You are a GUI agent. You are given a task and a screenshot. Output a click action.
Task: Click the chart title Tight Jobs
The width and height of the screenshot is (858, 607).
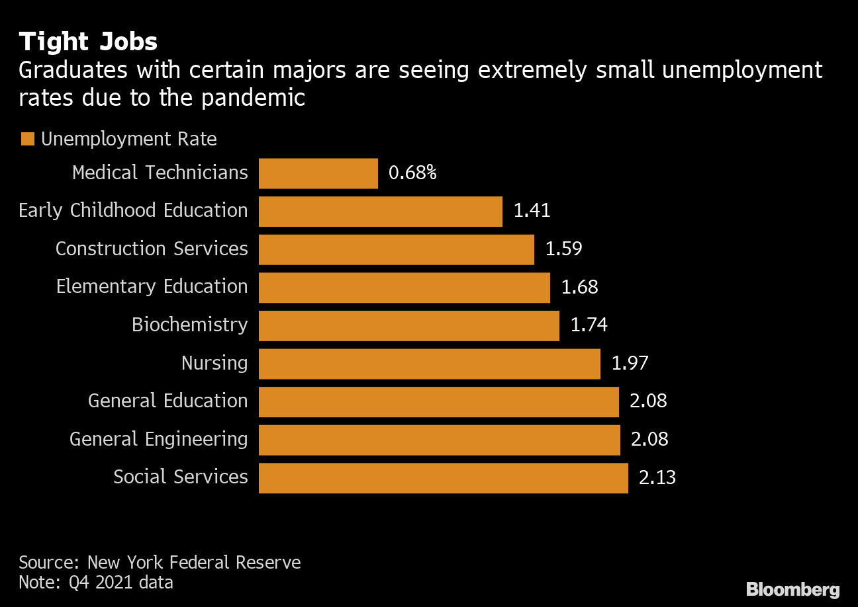pos(88,42)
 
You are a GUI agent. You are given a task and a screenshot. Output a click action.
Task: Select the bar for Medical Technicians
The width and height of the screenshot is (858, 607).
pos(318,173)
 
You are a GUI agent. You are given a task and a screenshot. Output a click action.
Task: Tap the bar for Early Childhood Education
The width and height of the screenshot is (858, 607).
pos(380,212)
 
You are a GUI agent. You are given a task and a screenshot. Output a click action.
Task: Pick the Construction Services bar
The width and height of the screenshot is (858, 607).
pos(396,249)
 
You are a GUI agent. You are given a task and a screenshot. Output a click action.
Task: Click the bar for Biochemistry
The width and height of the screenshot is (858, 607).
pos(408,325)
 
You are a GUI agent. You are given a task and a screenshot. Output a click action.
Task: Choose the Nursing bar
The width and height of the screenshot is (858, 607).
pos(429,364)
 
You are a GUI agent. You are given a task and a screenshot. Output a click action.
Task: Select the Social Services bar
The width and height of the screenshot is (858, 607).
pos(443,477)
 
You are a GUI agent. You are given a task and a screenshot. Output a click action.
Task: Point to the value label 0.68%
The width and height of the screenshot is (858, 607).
pos(412,173)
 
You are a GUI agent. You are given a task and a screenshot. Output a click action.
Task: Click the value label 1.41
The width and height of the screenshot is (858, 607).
pos(532,211)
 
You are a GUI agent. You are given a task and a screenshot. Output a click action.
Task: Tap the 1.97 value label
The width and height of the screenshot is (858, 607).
pos(630,363)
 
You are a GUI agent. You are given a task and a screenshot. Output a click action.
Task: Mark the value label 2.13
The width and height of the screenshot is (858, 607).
pos(657,477)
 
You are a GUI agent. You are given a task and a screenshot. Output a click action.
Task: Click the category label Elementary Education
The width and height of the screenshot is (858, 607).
pos(152,287)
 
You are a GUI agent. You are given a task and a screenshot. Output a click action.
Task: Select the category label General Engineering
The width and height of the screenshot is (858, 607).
pos(158,439)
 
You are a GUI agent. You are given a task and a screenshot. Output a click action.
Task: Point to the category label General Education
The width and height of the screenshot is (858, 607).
pos(167,401)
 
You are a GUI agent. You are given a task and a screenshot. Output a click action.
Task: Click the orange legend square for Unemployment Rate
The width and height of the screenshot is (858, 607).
pos(28,140)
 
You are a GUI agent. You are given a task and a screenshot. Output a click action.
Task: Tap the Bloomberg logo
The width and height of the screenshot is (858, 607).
pos(792,589)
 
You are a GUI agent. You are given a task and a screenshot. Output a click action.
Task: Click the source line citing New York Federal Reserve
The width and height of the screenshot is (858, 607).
pos(160,563)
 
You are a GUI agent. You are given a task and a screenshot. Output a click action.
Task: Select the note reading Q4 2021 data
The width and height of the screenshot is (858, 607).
pos(96,583)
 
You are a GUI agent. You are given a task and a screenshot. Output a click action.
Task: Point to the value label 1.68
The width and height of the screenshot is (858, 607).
pos(579,287)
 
